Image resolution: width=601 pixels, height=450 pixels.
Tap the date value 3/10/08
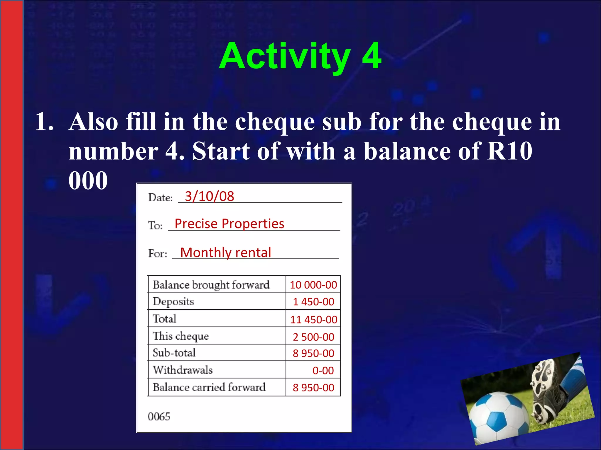coord(209,196)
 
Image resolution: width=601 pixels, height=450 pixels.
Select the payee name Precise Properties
coord(229,224)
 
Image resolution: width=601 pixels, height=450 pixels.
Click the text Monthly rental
coord(225,253)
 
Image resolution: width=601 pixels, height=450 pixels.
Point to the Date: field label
coord(160,198)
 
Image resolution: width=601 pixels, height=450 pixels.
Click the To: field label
coord(155,226)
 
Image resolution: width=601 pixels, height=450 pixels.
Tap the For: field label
coord(158,253)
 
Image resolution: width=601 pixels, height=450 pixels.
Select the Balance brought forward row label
coord(211,285)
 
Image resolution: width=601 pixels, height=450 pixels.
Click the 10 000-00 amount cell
coord(313,285)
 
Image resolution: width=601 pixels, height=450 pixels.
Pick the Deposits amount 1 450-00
coord(313,302)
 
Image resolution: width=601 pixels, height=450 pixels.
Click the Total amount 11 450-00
coord(313,319)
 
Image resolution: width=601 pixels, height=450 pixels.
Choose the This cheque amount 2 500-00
coord(313,337)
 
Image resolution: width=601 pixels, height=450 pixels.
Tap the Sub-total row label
coord(174,353)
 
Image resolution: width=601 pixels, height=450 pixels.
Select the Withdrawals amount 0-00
coord(323,371)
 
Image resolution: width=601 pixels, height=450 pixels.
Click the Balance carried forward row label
coord(209,387)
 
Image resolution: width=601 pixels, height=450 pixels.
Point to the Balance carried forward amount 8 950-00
coord(313,388)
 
